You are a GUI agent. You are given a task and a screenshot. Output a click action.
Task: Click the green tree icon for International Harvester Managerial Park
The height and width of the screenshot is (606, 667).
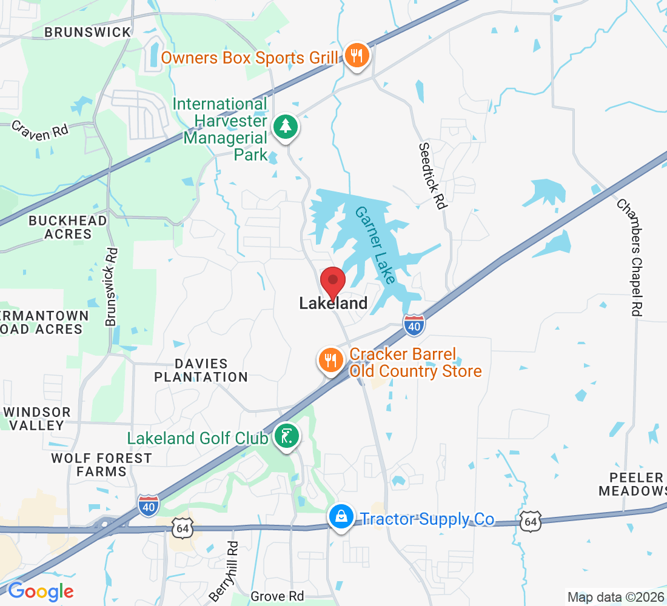click(285, 127)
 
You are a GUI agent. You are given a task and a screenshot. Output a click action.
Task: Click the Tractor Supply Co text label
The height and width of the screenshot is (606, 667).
click(427, 519)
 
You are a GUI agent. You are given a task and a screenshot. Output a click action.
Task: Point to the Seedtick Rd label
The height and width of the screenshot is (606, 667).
click(433, 176)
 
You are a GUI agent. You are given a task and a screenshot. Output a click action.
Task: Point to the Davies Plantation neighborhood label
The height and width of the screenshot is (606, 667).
click(201, 370)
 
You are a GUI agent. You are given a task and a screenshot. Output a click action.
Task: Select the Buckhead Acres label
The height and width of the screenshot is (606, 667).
click(68, 227)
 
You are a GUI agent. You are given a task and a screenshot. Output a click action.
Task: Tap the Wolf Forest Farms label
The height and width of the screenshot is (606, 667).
click(101, 465)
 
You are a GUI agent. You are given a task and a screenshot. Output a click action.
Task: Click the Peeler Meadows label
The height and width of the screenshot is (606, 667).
click(632, 484)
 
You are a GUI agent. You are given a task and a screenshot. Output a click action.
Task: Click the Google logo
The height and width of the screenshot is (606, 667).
click(41, 591)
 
